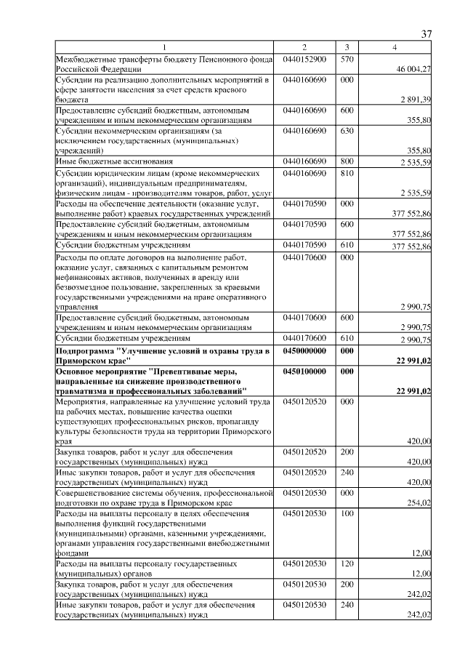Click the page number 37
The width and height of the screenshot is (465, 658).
[x=427, y=33]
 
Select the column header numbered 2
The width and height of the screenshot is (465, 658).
[x=304, y=47]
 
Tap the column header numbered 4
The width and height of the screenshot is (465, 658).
[x=395, y=47]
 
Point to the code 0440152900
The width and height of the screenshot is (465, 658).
[x=304, y=59]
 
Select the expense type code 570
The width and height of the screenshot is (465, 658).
[x=347, y=59]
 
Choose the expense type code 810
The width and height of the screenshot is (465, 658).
[x=347, y=173]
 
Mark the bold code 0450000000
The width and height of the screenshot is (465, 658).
[x=305, y=350]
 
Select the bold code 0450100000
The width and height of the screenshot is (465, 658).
[x=305, y=371]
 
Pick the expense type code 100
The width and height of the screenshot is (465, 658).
[x=347, y=513]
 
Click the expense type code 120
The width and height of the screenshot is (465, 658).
[x=347, y=563]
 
